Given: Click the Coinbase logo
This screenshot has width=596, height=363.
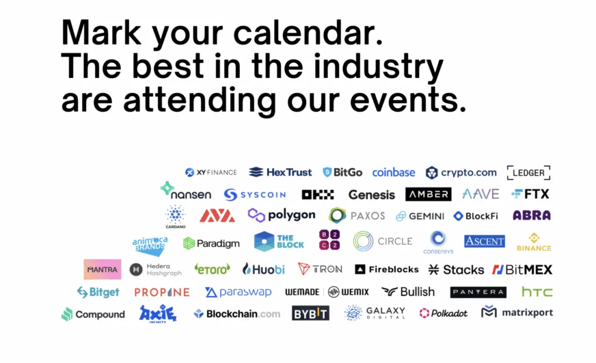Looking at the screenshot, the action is pyautogui.click(x=393, y=172).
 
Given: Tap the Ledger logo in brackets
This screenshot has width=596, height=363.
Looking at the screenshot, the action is pyautogui.click(x=528, y=172).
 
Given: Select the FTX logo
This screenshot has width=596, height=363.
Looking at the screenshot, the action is pyautogui.click(x=530, y=194).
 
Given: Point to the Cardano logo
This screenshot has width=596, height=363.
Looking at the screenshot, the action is pyautogui.click(x=176, y=217).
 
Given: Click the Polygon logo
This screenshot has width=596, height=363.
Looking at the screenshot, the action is pyautogui.click(x=281, y=216).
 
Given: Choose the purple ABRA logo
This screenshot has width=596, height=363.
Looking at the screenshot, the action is pyautogui.click(x=531, y=216).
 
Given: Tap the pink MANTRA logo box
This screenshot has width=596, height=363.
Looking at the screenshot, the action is pyautogui.click(x=102, y=269).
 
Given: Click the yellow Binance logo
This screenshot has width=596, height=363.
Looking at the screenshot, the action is pyautogui.click(x=534, y=242).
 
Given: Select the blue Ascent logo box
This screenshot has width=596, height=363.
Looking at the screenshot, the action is pyautogui.click(x=485, y=241).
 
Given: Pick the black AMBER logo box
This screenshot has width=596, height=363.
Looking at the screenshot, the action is pyautogui.click(x=428, y=194).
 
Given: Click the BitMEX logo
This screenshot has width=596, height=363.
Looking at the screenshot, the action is pyautogui.click(x=522, y=270).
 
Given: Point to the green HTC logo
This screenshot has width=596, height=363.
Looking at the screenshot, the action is pyautogui.click(x=537, y=292).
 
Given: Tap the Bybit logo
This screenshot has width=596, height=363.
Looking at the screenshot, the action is pyautogui.click(x=311, y=313).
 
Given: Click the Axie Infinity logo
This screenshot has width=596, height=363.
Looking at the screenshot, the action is pyautogui.click(x=158, y=314).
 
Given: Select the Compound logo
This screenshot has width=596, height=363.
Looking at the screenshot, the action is pyautogui.click(x=93, y=314).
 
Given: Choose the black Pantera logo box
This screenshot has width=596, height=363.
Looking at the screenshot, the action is pyautogui.click(x=478, y=292).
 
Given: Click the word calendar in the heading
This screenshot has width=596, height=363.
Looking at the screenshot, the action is pyautogui.click(x=307, y=33).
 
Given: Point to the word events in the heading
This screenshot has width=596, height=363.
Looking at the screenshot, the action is pyautogui.click(x=408, y=100).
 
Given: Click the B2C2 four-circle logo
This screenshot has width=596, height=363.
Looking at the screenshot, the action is pyautogui.click(x=329, y=239).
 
